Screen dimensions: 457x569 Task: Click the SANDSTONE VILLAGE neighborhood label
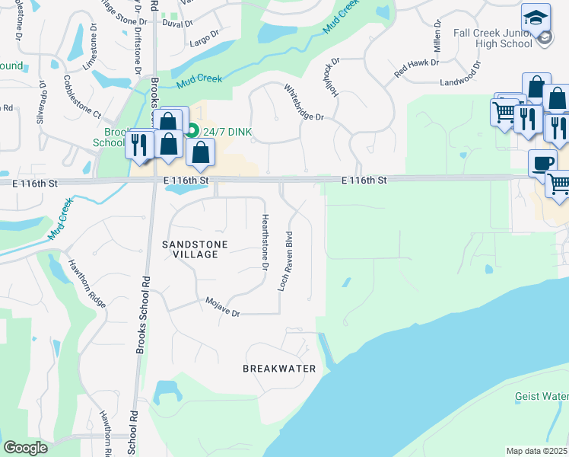(190, 248)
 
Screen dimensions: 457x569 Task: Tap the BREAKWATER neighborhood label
(279, 369)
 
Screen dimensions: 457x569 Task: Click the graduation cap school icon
(536, 17)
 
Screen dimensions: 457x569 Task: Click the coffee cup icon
(543, 162)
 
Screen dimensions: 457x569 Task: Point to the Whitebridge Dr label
(304, 102)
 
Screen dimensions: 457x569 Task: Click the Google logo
(26, 448)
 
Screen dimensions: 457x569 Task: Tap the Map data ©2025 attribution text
(537, 451)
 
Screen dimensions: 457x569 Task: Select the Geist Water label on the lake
(541, 396)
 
